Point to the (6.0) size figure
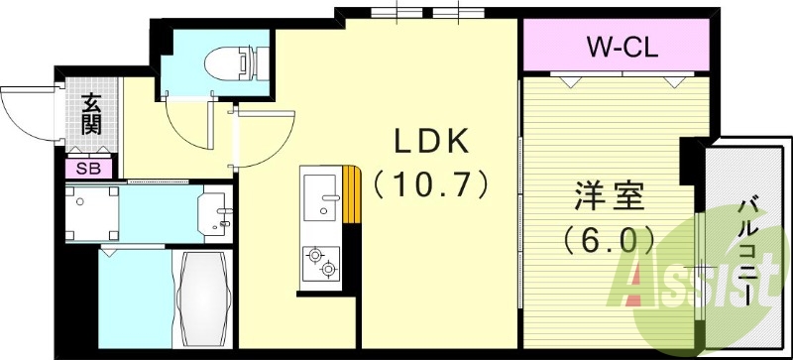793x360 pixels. coord(608,238)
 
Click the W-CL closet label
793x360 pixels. coord(620,46)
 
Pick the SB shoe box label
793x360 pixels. coord(89,169)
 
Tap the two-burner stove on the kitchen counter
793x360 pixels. coord(321,263)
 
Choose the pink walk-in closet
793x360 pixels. coord(620,46)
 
